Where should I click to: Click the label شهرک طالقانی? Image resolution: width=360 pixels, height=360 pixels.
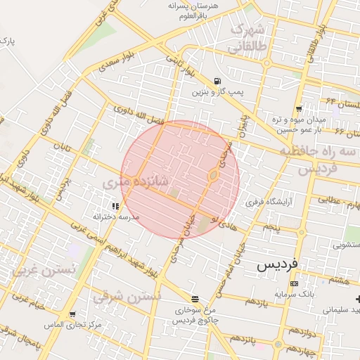pyautogui.click(x=247, y=38)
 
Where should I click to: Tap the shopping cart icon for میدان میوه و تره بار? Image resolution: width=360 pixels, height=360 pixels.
pyautogui.click(x=299, y=108)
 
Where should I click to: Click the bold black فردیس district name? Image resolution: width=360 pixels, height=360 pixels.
pyautogui.click(x=277, y=265)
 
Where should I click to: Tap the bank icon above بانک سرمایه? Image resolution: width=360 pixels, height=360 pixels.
pyautogui.click(x=294, y=283)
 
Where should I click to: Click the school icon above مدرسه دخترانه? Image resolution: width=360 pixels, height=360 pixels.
pyautogui.click(x=115, y=206)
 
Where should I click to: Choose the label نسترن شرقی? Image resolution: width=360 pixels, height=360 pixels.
pyautogui.click(x=128, y=295)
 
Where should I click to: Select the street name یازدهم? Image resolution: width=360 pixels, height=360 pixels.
pyautogui.click(x=257, y=302)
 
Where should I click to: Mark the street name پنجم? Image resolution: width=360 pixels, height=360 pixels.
pyautogui.click(x=271, y=227)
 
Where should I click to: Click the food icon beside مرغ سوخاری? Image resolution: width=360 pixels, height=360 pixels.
pyautogui.click(x=195, y=298)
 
